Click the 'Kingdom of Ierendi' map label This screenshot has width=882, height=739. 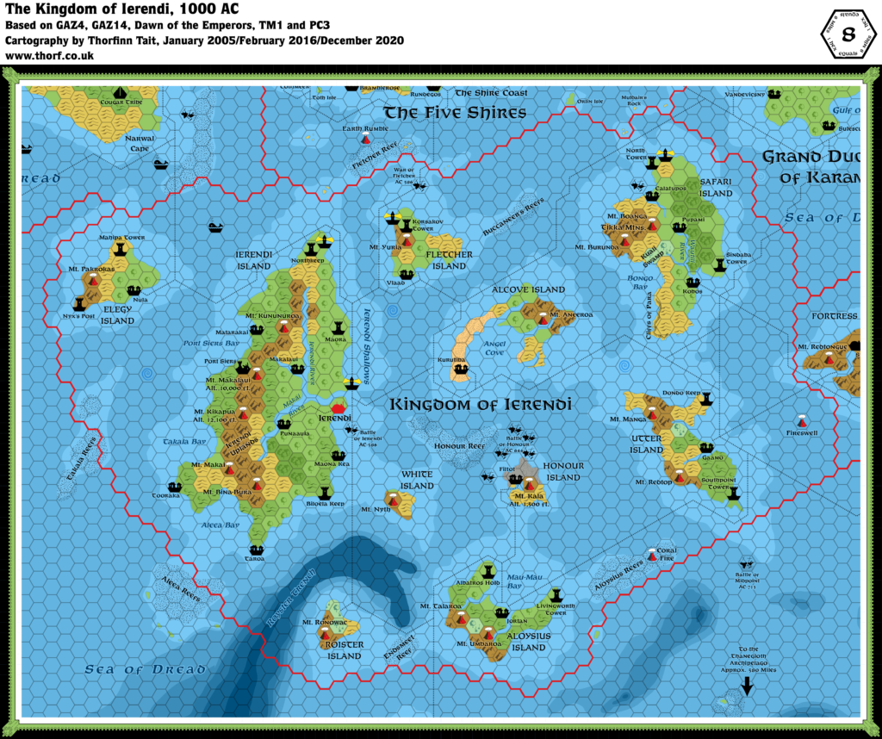(x=481, y=404)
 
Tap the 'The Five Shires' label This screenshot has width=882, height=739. (x=454, y=113)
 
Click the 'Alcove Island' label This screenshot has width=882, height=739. (x=528, y=290)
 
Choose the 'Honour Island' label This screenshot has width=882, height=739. (x=563, y=471)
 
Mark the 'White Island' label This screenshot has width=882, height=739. (x=416, y=480)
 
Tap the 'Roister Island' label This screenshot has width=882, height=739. (x=344, y=650)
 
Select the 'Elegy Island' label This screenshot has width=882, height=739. (x=118, y=315)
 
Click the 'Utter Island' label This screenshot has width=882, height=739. (x=646, y=444)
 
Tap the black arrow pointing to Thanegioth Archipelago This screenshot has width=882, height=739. (x=747, y=686)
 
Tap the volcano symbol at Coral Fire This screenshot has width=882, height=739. (x=654, y=556)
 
